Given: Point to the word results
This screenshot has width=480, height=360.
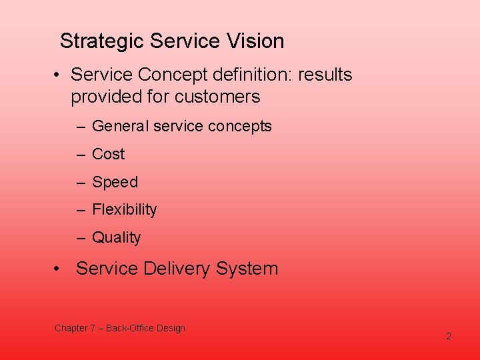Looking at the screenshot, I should click(x=325, y=75).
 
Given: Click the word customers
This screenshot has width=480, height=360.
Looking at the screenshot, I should click(x=217, y=97).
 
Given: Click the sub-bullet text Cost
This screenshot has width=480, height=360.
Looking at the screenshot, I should click(x=108, y=154).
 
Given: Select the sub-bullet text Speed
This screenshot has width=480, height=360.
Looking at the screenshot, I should click(x=115, y=182).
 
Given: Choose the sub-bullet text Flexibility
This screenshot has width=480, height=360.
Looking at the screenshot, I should click(x=124, y=209).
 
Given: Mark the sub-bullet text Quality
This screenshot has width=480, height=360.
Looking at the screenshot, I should click(x=116, y=237).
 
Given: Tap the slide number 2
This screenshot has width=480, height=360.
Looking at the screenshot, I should click(x=449, y=336).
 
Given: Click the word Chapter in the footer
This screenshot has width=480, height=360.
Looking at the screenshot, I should click(x=71, y=328).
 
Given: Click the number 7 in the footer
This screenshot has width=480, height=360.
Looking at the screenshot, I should click(x=93, y=328).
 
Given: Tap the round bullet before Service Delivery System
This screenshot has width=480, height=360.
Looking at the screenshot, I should click(x=59, y=269).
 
